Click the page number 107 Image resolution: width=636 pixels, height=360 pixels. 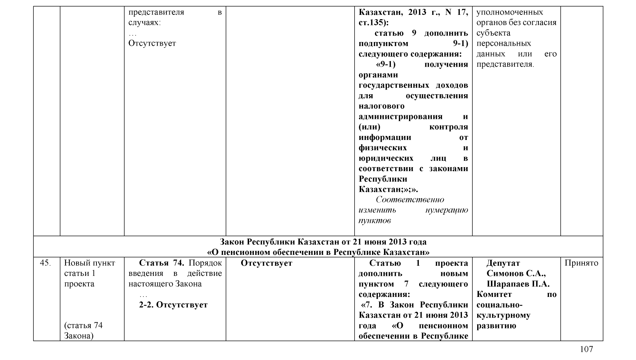coord(586,349)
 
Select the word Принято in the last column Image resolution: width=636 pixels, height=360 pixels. coord(581,263)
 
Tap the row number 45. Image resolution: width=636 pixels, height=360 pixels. coord(45,263)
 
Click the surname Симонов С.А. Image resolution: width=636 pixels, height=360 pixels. coord(516,273)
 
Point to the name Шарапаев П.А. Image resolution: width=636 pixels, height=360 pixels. coord(518,284)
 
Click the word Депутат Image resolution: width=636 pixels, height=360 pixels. coord(503,263)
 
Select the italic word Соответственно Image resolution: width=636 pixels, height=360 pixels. coord(410,200)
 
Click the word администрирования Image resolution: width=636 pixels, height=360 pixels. coord(400,117)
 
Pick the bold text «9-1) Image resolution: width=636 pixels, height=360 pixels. coord(385,65)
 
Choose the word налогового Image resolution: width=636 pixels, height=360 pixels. coord(381,106)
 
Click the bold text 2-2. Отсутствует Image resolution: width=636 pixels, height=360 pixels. coord(173,305)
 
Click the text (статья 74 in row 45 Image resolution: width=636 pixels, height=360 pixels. coord(83,326)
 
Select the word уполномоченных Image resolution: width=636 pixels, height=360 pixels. coord(509,12)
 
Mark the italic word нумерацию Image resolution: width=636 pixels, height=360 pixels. coord(446,210)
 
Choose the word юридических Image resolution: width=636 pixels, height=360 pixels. coord(386,158)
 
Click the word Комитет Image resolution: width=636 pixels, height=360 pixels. coord(494,294)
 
